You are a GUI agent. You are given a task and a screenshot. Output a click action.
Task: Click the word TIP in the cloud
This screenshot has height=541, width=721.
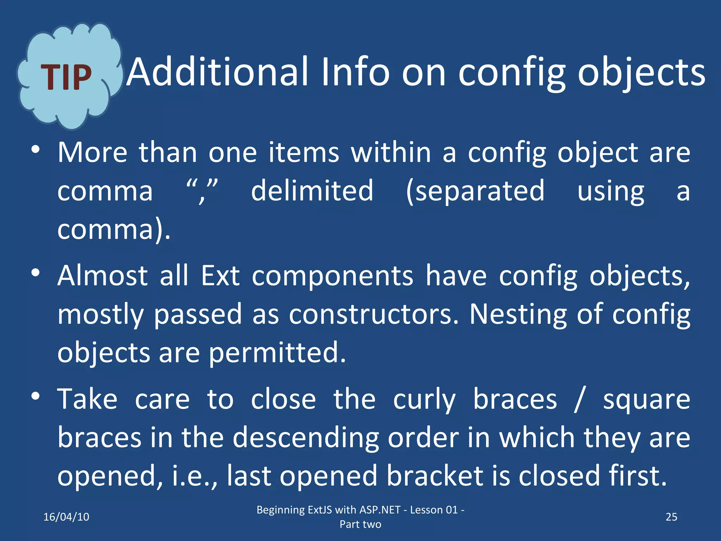pyautogui.click(x=66, y=78)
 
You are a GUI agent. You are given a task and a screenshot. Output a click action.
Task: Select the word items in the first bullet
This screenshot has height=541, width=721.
pyautogui.click(x=304, y=153)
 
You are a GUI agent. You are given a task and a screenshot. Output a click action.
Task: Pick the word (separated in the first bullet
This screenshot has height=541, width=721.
pyautogui.click(x=475, y=191)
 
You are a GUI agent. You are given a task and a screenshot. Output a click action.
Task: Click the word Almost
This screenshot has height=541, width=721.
pyautogui.click(x=102, y=276)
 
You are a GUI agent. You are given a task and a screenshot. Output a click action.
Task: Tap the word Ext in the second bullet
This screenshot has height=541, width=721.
pyautogui.click(x=220, y=276)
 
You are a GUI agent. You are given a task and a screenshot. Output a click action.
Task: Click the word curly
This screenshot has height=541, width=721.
pyautogui.click(x=424, y=400)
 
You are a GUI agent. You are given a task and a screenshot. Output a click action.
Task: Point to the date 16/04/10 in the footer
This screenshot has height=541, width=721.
pyautogui.click(x=66, y=517)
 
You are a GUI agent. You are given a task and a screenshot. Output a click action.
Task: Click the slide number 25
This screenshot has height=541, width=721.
pyautogui.click(x=671, y=517)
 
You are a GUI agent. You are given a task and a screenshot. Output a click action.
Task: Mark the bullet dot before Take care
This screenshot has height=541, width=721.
pyautogui.click(x=35, y=397)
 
